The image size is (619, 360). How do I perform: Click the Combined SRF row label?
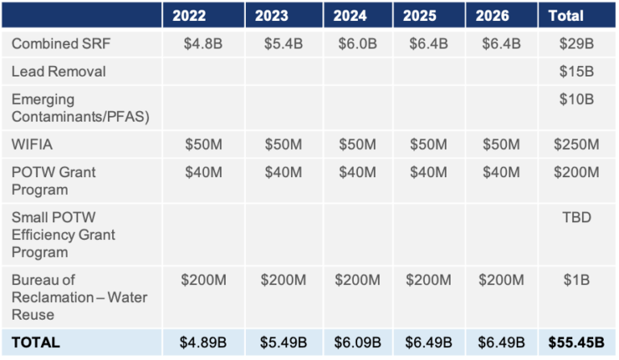tap(58, 43)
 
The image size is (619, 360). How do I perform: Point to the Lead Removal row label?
tap(58, 72)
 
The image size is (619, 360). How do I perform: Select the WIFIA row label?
tap(31, 144)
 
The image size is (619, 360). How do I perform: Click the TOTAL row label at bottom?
tap(35, 342)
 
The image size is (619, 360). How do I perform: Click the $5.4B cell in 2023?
tap(283, 43)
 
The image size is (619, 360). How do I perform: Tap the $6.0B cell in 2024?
tap(357, 43)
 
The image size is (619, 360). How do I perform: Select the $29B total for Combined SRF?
tap(576, 43)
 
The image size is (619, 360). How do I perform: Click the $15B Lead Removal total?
tap(576, 72)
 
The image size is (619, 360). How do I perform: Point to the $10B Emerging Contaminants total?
tap(576, 100)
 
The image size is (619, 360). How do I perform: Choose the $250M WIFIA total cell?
tap(576, 144)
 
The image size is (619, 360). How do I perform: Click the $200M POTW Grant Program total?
tap(576, 172)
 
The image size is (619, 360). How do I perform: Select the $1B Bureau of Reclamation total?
tap(576, 280)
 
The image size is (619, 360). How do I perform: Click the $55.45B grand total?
tap(576, 342)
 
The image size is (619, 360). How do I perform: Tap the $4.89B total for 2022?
tap(203, 342)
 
